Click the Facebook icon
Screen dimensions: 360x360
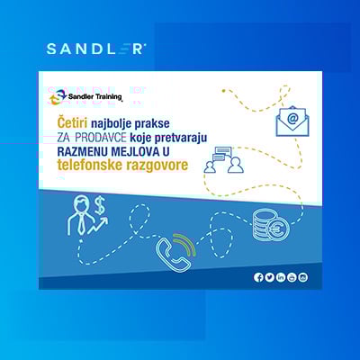pyautogui.click(x=258, y=276)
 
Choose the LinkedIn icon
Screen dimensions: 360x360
pyautogui.click(x=281, y=276)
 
